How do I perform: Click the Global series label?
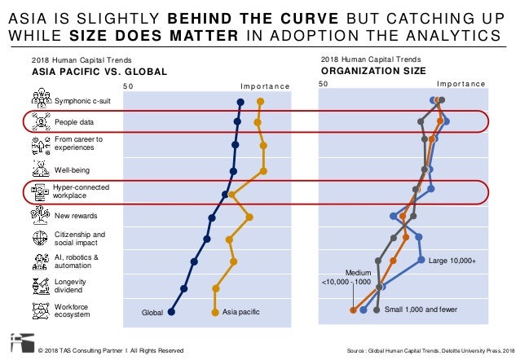tap(152, 312)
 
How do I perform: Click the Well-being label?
tap(72, 169)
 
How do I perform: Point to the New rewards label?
tap(76, 216)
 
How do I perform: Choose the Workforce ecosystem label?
tap(73, 310)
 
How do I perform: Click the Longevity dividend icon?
tap(39, 286)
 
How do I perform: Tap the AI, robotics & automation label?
tap(77, 261)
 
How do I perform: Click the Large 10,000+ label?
tap(452, 261)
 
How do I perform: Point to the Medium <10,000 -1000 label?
tap(352, 277)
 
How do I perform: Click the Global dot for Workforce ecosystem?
tap(171, 312)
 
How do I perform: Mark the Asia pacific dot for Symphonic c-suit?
tap(259, 102)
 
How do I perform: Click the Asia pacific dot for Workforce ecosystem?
tap(215, 312)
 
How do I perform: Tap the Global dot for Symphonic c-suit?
tap(240, 102)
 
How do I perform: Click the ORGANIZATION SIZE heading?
tap(372, 70)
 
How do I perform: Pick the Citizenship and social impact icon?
tap(39, 239)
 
